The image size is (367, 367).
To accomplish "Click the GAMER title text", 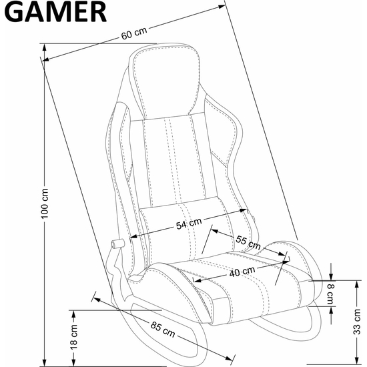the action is tap(55, 12).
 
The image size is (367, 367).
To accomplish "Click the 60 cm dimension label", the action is tap(134, 33).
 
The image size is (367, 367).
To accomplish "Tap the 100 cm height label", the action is tap(45, 204).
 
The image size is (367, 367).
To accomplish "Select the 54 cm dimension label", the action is tap(189, 224).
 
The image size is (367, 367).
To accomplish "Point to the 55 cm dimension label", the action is tap(248, 242).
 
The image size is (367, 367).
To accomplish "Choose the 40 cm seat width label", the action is tap(242, 272).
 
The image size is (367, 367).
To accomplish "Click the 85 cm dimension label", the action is tap(163, 330).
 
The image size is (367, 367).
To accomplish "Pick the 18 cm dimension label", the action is tap(73, 337).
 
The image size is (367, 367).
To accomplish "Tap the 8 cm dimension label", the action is tap(330, 294).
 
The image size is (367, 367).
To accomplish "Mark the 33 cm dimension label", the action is tap(357, 322).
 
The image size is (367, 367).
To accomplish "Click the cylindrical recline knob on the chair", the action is tap(117, 244).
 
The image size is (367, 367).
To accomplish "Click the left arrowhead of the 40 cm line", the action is tap(197, 280).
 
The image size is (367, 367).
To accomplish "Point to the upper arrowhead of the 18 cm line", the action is tap(73, 314).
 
